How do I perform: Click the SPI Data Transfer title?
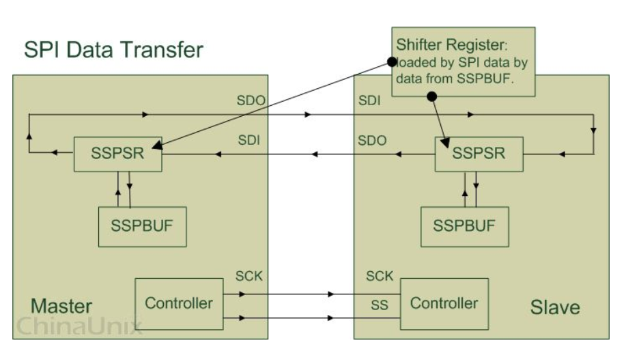click(114, 50)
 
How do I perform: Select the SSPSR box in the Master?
click(117, 154)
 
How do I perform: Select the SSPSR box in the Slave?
click(479, 154)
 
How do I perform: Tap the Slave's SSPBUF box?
click(464, 225)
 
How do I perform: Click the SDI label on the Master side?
click(249, 141)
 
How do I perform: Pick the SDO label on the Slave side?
click(373, 141)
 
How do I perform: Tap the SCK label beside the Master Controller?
click(248, 277)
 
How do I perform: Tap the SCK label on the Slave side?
click(380, 277)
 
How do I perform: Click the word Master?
click(61, 305)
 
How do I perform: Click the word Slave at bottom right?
click(554, 307)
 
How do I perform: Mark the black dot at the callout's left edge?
click(391, 61)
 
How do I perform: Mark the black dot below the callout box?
click(431, 97)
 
